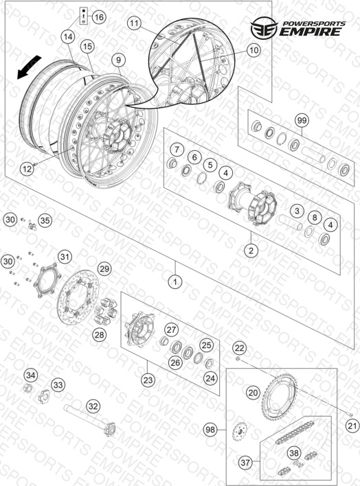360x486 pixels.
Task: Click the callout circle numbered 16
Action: coord(99,16)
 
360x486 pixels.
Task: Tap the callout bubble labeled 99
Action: coord(302,120)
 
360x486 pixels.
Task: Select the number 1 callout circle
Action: coord(175,281)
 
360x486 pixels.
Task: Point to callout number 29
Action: coord(104,268)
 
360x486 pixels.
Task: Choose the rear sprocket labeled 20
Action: coord(279,397)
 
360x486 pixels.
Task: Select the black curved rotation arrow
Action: coord(29,67)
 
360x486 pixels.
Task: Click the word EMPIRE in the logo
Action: coord(311,32)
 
